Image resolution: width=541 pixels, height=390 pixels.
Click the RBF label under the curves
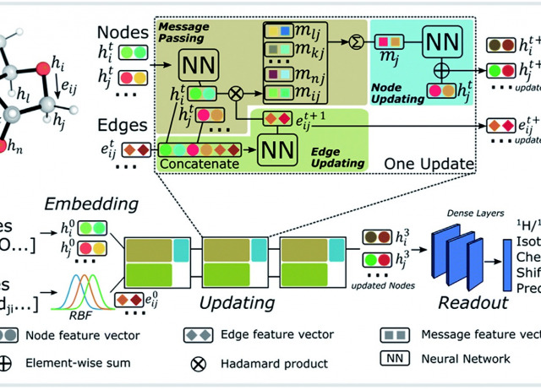coord(88,298)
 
